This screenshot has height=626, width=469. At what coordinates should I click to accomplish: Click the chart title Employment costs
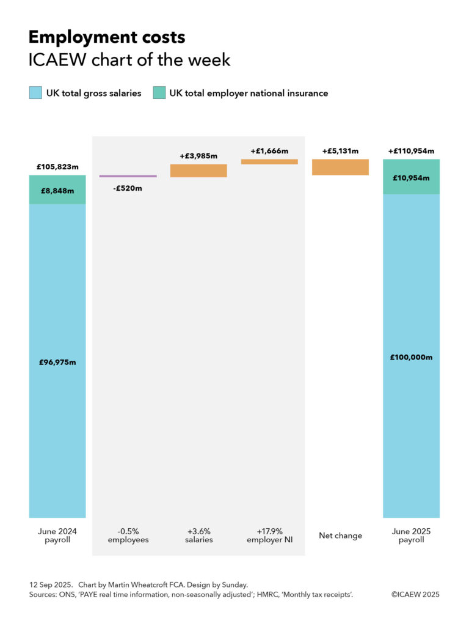pos(107,38)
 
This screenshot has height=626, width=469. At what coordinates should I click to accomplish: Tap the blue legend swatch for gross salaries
pos(35,93)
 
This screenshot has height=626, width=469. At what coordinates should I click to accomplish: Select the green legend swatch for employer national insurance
pos(159,93)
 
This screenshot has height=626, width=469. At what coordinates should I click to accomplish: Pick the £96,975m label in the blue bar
pos(57,362)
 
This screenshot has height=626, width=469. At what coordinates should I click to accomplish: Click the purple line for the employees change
pos(128,176)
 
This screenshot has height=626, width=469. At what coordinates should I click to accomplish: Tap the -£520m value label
pos(128,188)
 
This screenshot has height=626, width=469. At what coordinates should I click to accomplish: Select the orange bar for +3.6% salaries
pos(198,171)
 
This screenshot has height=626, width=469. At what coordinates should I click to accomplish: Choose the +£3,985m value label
pos(198,156)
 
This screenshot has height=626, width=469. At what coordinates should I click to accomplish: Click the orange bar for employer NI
pos(269,161)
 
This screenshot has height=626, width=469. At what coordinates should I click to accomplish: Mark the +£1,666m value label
pos(269,150)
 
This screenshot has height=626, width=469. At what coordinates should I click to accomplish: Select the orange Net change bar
pos(340,167)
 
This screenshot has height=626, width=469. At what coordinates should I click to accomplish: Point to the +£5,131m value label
pos(340,150)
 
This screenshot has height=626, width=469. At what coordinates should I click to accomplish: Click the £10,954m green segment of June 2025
pos(411,177)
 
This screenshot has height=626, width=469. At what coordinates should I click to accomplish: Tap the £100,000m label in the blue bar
pos(411,357)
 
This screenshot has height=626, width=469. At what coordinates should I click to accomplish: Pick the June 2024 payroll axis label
pos(57,536)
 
